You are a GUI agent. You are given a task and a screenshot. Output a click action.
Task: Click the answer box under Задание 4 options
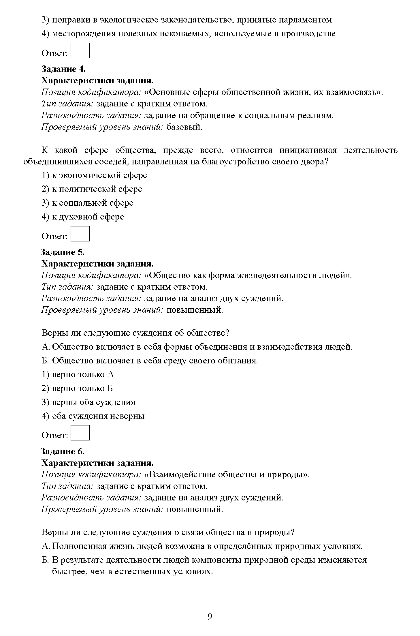pyautogui.click(x=80, y=234)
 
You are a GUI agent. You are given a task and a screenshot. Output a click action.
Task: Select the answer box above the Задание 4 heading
pyautogui.click(x=80, y=50)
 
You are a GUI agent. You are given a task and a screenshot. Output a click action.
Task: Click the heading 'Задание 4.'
pyautogui.click(x=63, y=69)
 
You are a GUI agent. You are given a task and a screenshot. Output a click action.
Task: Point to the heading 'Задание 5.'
pyautogui.click(x=63, y=252)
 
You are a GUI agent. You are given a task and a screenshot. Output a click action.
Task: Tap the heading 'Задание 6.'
pyautogui.click(x=63, y=451)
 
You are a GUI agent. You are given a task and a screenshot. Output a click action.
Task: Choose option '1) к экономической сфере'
pyautogui.click(x=94, y=175)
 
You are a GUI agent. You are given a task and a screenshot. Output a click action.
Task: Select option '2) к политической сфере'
pyautogui.click(x=92, y=189)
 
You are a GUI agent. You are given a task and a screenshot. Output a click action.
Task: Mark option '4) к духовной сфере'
pyautogui.click(x=83, y=217)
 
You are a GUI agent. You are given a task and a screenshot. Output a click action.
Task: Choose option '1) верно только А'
pyautogui.click(x=78, y=374)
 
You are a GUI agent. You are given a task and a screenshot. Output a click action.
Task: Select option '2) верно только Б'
pyautogui.click(x=77, y=388)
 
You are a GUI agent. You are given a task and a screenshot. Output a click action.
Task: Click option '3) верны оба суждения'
pyautogui.click(x=88, y=402)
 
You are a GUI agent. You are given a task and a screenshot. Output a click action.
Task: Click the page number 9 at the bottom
pyautogui.click(x=210, y=616)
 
